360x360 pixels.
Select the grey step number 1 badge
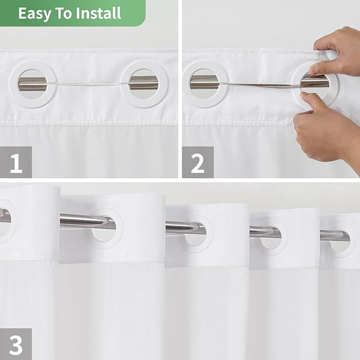click(x=16, y=162)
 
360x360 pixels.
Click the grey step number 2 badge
click(x=197, y=162)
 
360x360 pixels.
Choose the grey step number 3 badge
click(x=16, y=344)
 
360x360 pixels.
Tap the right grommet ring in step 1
click(x=144, y=84)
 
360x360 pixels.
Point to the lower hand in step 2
click(x=329, y=127)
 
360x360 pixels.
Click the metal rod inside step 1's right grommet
click(x=143, y=83)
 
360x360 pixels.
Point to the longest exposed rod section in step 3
click(x=80, y=219)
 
